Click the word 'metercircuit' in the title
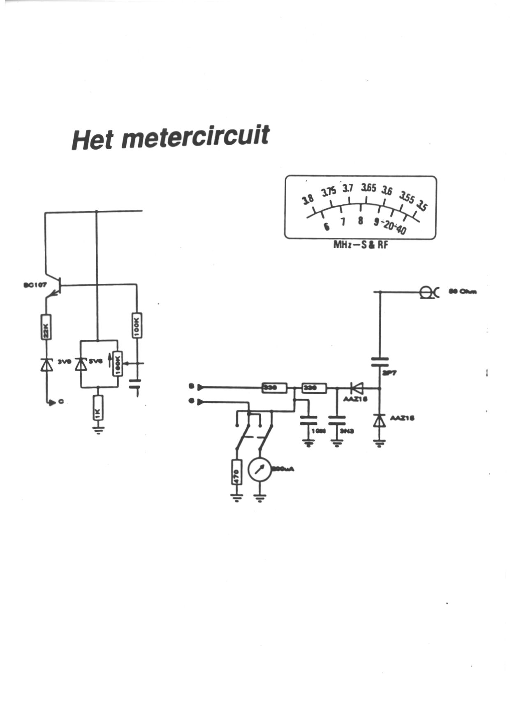(195, 137)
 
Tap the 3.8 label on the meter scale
(308, 199)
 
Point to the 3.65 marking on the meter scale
(368, 188)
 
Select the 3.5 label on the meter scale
(421, 205)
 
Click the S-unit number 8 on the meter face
(361, 221)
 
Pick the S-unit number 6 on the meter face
(326, 226)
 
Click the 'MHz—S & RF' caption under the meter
(361, 245)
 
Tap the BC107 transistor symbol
(56, 286)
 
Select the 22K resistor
(46, 327)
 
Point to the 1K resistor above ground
(98, 408)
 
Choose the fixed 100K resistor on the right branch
(137, 325)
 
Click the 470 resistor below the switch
(237, 472)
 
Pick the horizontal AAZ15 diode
(356, 388)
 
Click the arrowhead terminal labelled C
(51, 403)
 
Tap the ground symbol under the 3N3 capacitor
(337, 443)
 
